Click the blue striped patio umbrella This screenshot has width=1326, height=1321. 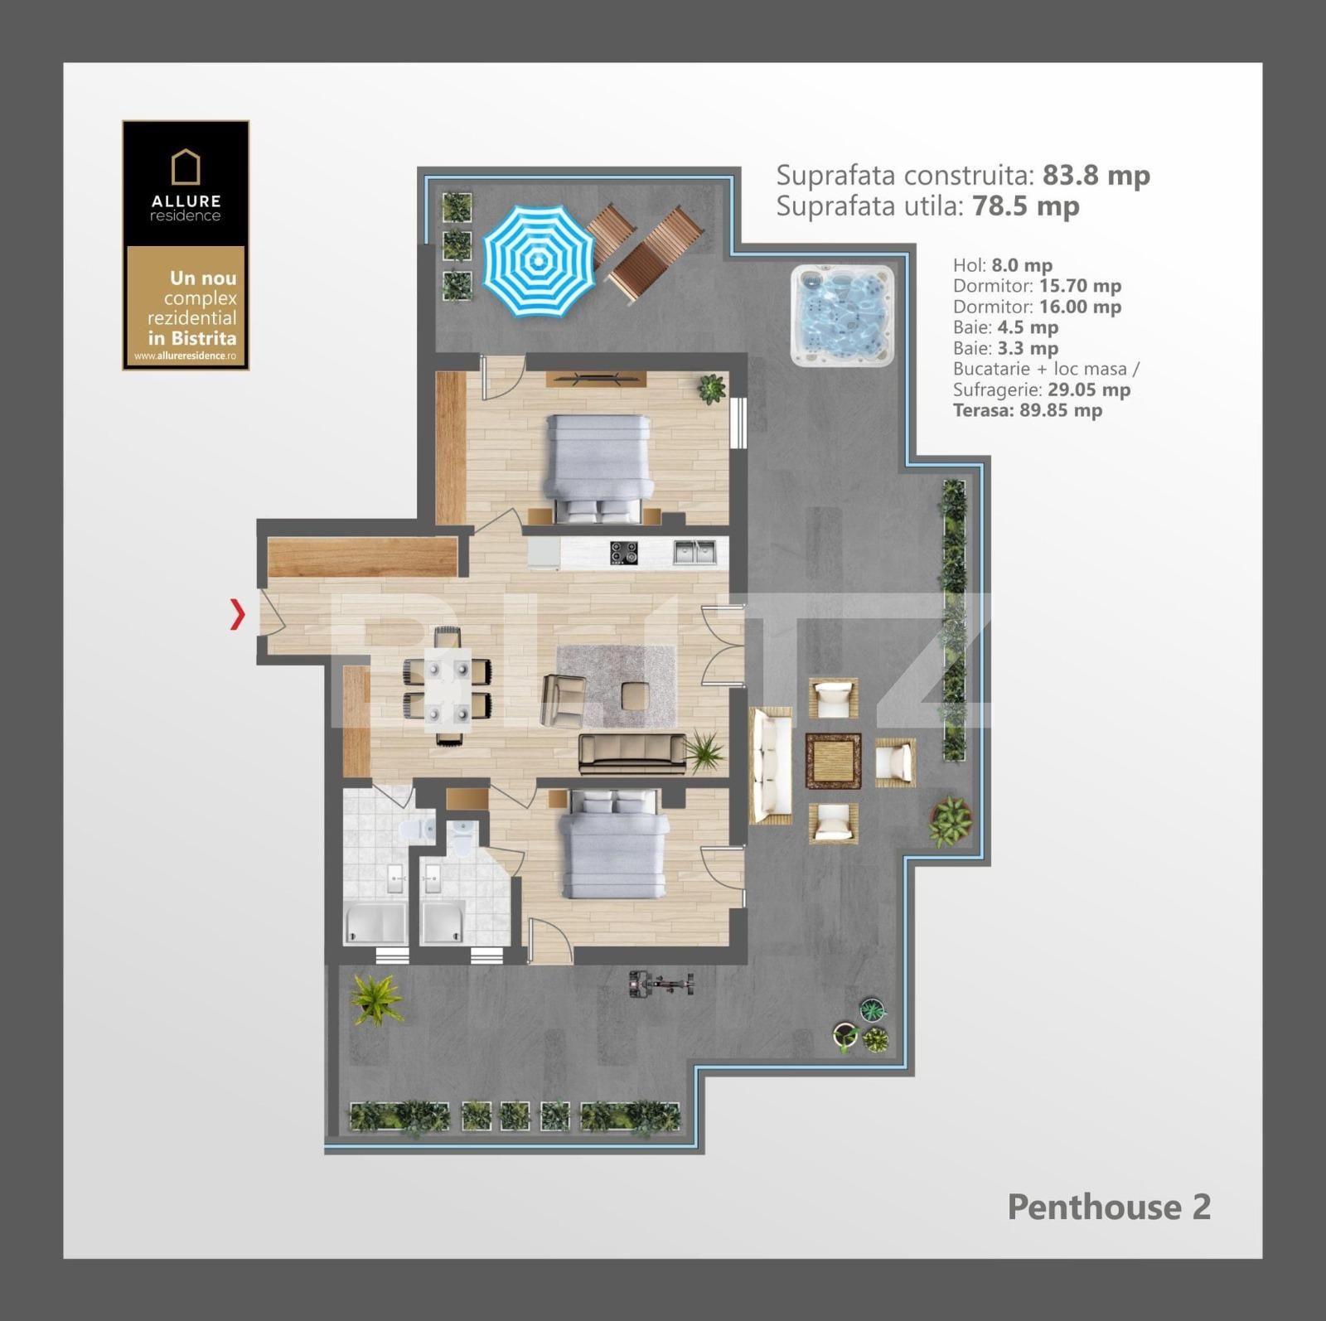coord(539,260)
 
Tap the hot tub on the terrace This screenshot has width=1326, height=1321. coord(843,315)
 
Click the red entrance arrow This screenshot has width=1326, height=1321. coord(238,614)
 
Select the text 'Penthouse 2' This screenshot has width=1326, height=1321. coord(1109,1207)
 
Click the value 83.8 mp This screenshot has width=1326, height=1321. coord(1096,175)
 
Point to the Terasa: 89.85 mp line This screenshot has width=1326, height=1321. coord(1028,410)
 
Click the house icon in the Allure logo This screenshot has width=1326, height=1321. coord(186,167)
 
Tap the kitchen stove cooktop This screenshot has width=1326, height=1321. coord(624,552)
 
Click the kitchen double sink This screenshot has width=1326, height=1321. coord(694,551)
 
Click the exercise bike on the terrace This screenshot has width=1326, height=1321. coord(661,984)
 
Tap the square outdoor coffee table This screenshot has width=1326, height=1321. coord(834,761)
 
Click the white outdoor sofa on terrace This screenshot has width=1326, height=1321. coord(771,765)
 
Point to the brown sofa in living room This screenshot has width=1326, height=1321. coord(632,753)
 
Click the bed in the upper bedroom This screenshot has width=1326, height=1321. coord(597,468)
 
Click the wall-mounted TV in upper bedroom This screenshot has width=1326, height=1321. coord(595,379)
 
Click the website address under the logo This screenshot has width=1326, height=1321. coord(186,356)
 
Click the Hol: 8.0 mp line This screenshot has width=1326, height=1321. coord(1003,265)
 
